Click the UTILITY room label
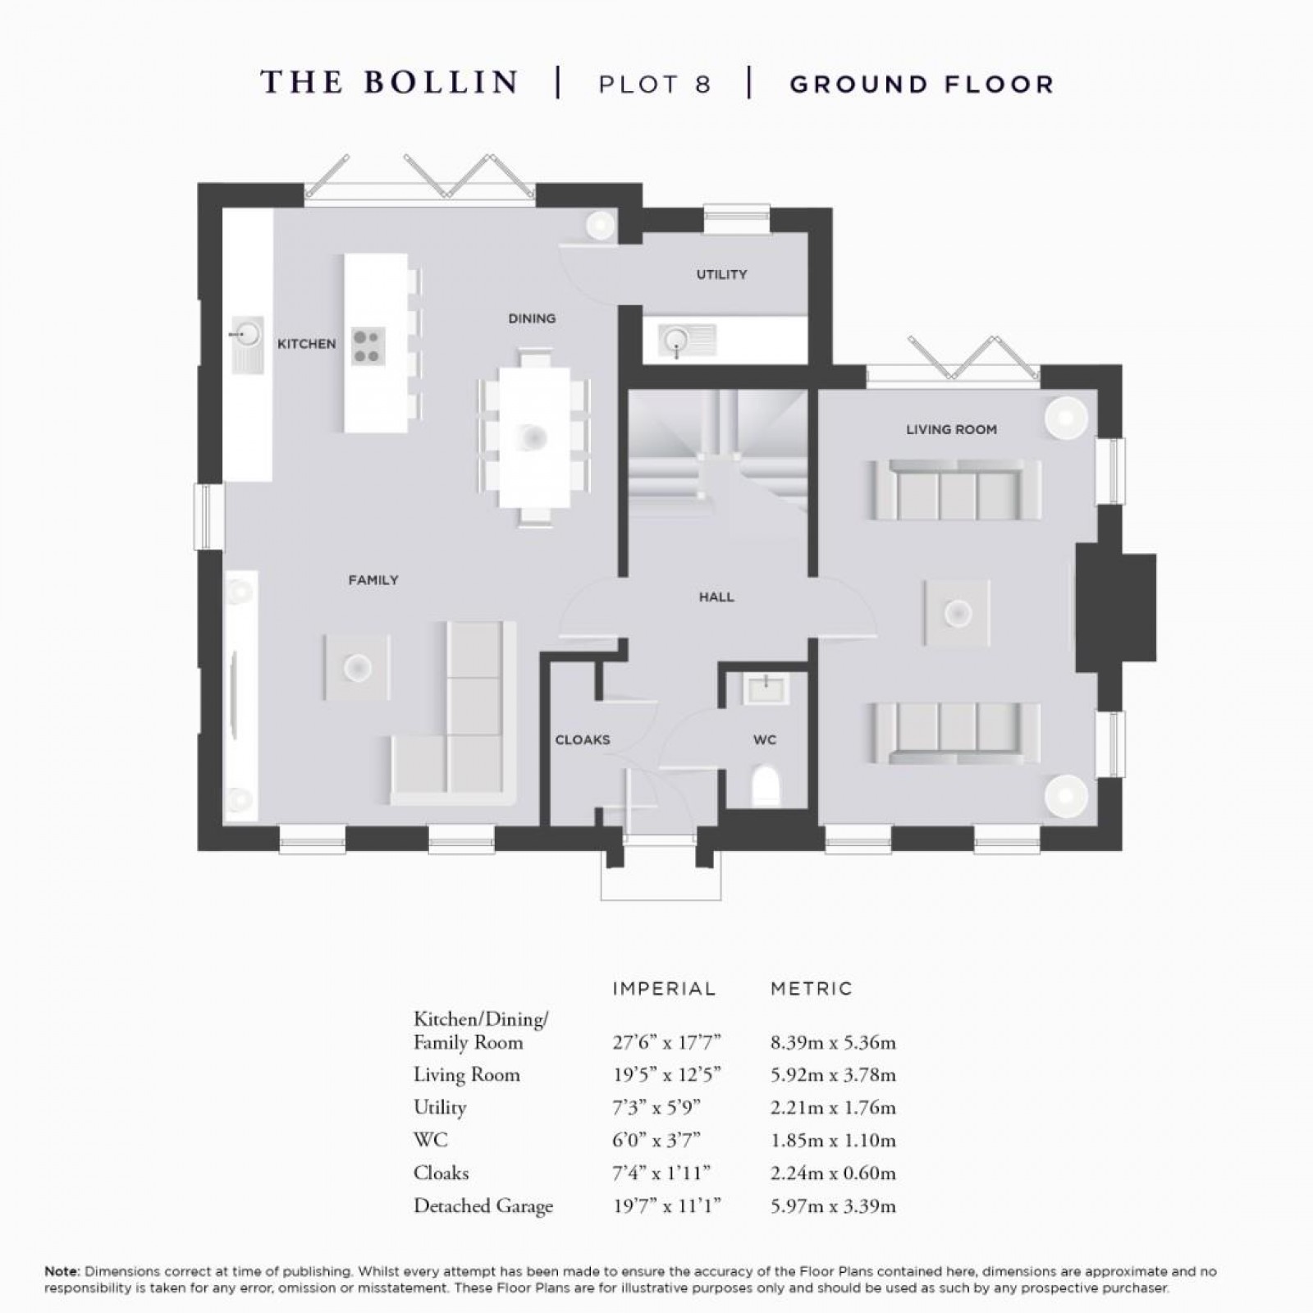coord(721,274)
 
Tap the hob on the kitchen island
coord(367,345)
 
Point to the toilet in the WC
coord(765,786)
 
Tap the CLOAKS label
coord(583,740)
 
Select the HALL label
coord(716,597)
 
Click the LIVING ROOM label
coord(951,429)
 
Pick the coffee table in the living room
coord(957,613)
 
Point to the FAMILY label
coord(373,580)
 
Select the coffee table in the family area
coord(356,666)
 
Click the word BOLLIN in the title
coord(441,83)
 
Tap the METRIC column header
coord(811,989)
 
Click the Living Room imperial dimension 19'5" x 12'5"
coord(666,1075)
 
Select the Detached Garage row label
coord(483,1206)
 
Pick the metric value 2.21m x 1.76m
coord(833,1108)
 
